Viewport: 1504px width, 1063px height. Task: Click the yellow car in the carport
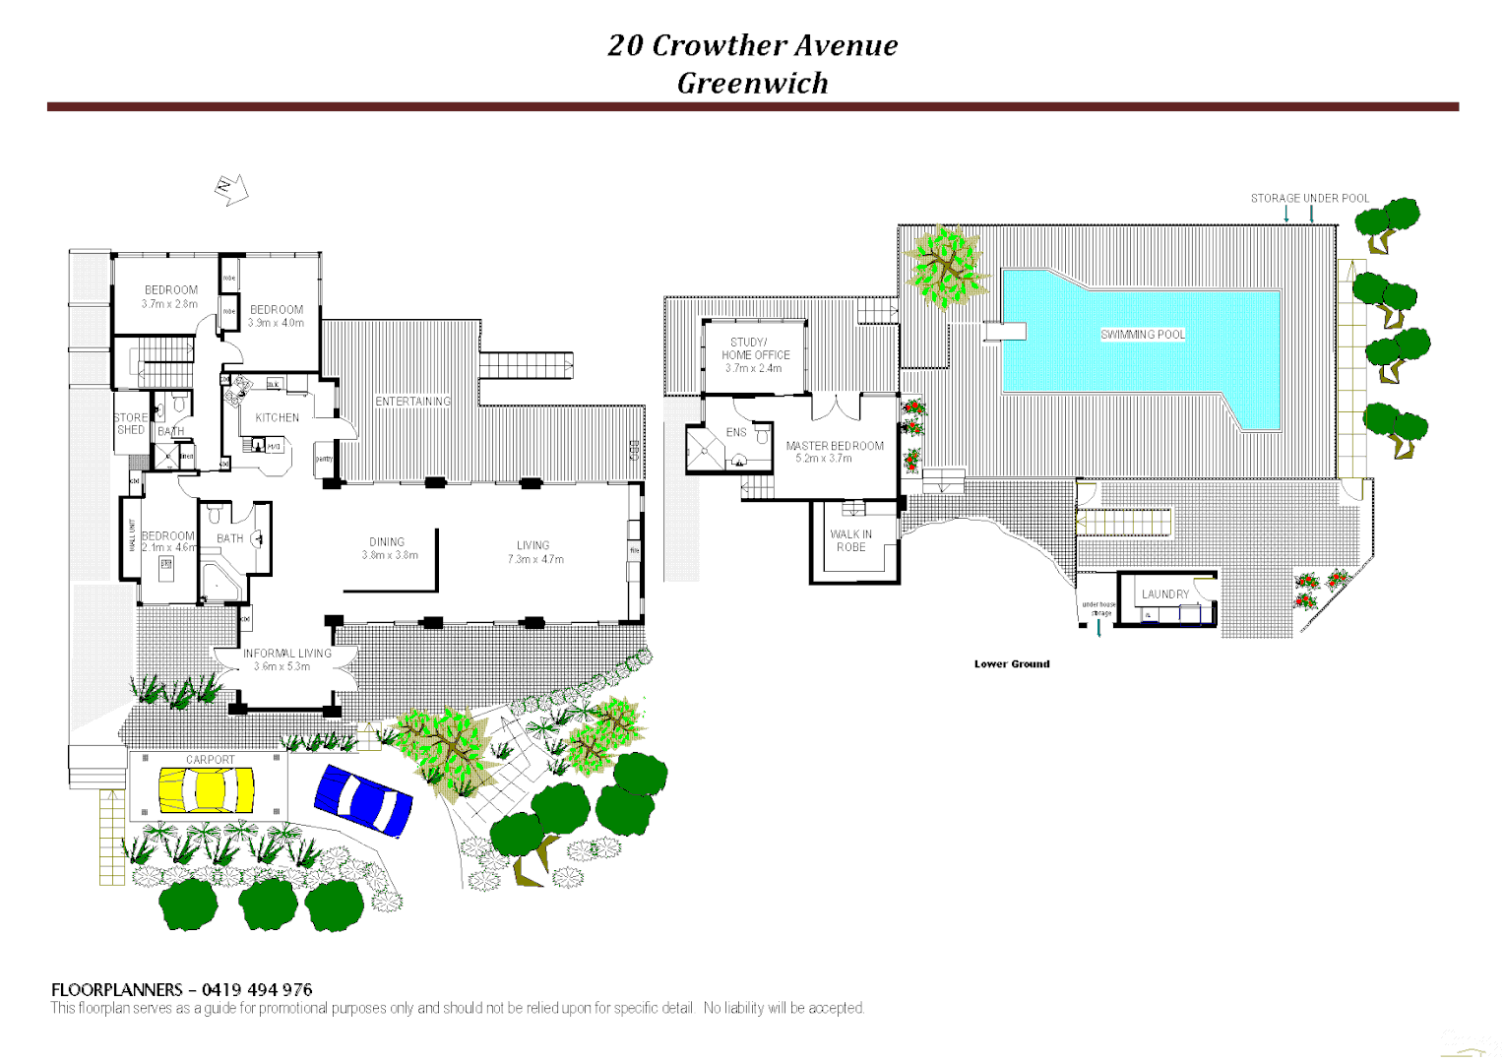[x=207, y=789]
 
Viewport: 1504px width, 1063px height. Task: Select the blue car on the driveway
[x=362, y=801]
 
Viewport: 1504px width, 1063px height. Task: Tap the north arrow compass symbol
[x=231, y=189]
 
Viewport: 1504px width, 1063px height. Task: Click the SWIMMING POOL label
[x=1143, y=335]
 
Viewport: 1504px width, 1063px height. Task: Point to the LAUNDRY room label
[x=1165, y=594]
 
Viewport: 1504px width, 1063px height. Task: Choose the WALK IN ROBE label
[x=851, y=540]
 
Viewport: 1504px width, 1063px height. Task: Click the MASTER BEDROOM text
[x=835, y=446]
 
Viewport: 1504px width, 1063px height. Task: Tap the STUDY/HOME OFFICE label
[x=755, y=349]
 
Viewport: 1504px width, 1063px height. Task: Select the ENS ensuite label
[x=736, y=432]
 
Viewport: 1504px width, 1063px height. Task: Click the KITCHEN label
[x=277, y=417]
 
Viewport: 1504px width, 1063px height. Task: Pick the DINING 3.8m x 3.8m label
[x=388, y=548]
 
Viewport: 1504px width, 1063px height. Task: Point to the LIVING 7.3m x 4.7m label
[x=534, y=551]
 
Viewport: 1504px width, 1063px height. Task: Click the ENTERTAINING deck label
[x=412, y=402]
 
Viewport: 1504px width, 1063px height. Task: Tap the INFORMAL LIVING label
[x=287, y=658]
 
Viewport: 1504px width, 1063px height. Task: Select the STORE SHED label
[x=131, y=423]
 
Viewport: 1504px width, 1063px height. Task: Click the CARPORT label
[x=211, y=760]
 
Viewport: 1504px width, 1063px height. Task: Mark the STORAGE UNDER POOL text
[x=1309, y=198]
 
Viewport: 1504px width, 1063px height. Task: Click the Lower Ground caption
[x=1012, y=664]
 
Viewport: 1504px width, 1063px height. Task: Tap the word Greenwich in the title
[x=752, y=83]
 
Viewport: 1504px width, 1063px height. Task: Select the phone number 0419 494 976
[x=257, y=989]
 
